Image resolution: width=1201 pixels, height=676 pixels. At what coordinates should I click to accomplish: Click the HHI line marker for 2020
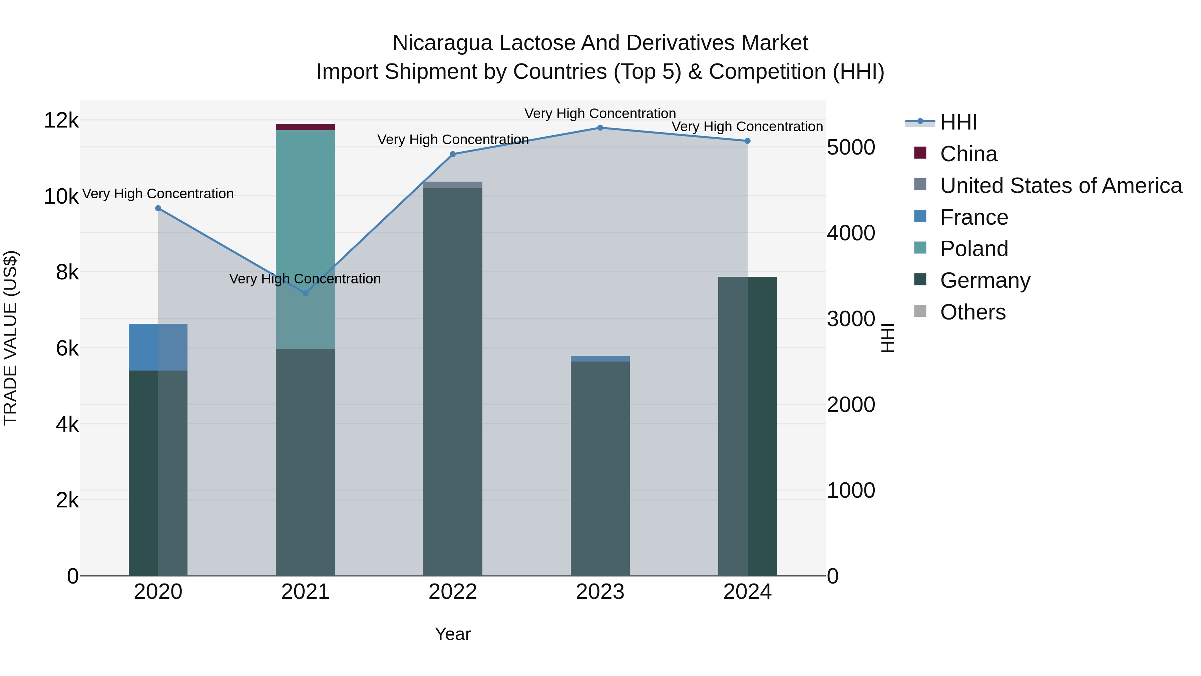pos(158,208)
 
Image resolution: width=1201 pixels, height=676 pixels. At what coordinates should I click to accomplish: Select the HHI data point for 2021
pos(305,293)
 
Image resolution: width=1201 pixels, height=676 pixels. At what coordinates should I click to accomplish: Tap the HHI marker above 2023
pos(600,128)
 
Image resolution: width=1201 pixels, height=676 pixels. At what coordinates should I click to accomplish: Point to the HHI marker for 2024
pos(747,141)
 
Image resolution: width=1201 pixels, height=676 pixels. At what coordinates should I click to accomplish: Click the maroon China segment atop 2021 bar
pos(305,127)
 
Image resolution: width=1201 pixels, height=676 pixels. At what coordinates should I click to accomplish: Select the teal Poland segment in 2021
pos(305,210)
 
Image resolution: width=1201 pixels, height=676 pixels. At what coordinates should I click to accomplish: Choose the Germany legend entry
pos(985,280)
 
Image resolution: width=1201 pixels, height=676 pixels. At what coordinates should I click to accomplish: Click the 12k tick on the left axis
pos(61,121)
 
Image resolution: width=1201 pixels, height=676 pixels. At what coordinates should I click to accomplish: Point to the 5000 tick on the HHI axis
pos(851,148)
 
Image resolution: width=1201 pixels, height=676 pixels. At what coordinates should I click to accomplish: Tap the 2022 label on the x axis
pos(453,592)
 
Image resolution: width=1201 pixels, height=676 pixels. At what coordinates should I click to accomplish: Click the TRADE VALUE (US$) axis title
pos(10,338)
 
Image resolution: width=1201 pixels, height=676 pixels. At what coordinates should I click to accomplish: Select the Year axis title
pos(453,634)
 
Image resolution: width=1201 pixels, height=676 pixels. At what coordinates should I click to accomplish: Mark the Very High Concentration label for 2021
pos(305,278)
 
